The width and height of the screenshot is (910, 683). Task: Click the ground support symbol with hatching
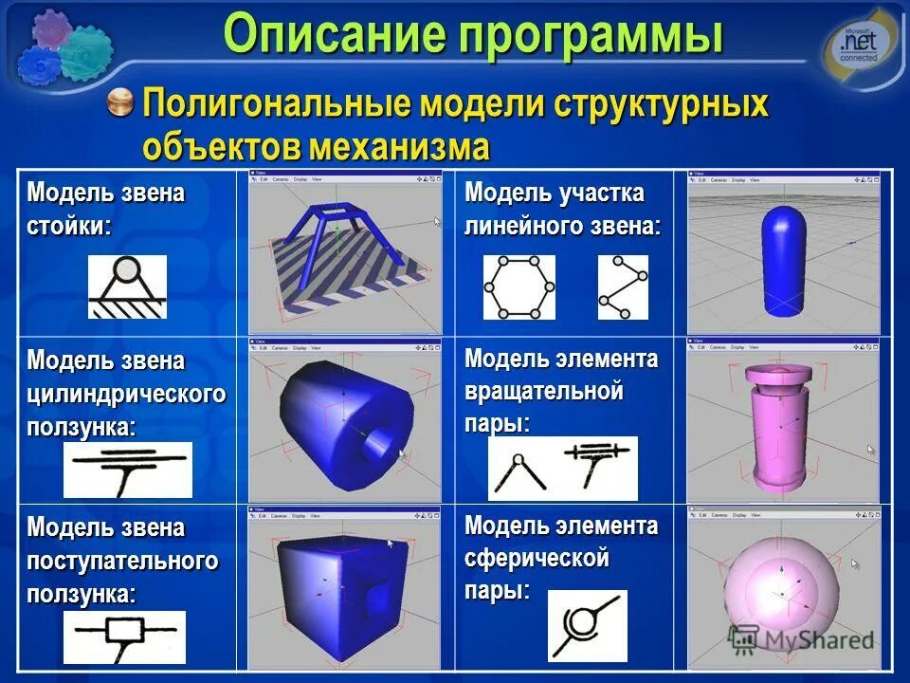pos(127,286)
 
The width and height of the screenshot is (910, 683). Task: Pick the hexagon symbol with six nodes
pos(519,287)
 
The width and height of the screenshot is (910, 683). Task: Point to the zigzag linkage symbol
pos(623,287)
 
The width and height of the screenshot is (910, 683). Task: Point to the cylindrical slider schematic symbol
pos(127,469)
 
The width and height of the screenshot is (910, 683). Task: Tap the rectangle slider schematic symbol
pos(124,636)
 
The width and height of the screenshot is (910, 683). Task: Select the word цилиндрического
pos(126,394)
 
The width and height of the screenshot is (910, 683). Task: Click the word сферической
pos(537,559)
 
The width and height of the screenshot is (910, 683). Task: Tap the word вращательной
pos(543,392)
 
